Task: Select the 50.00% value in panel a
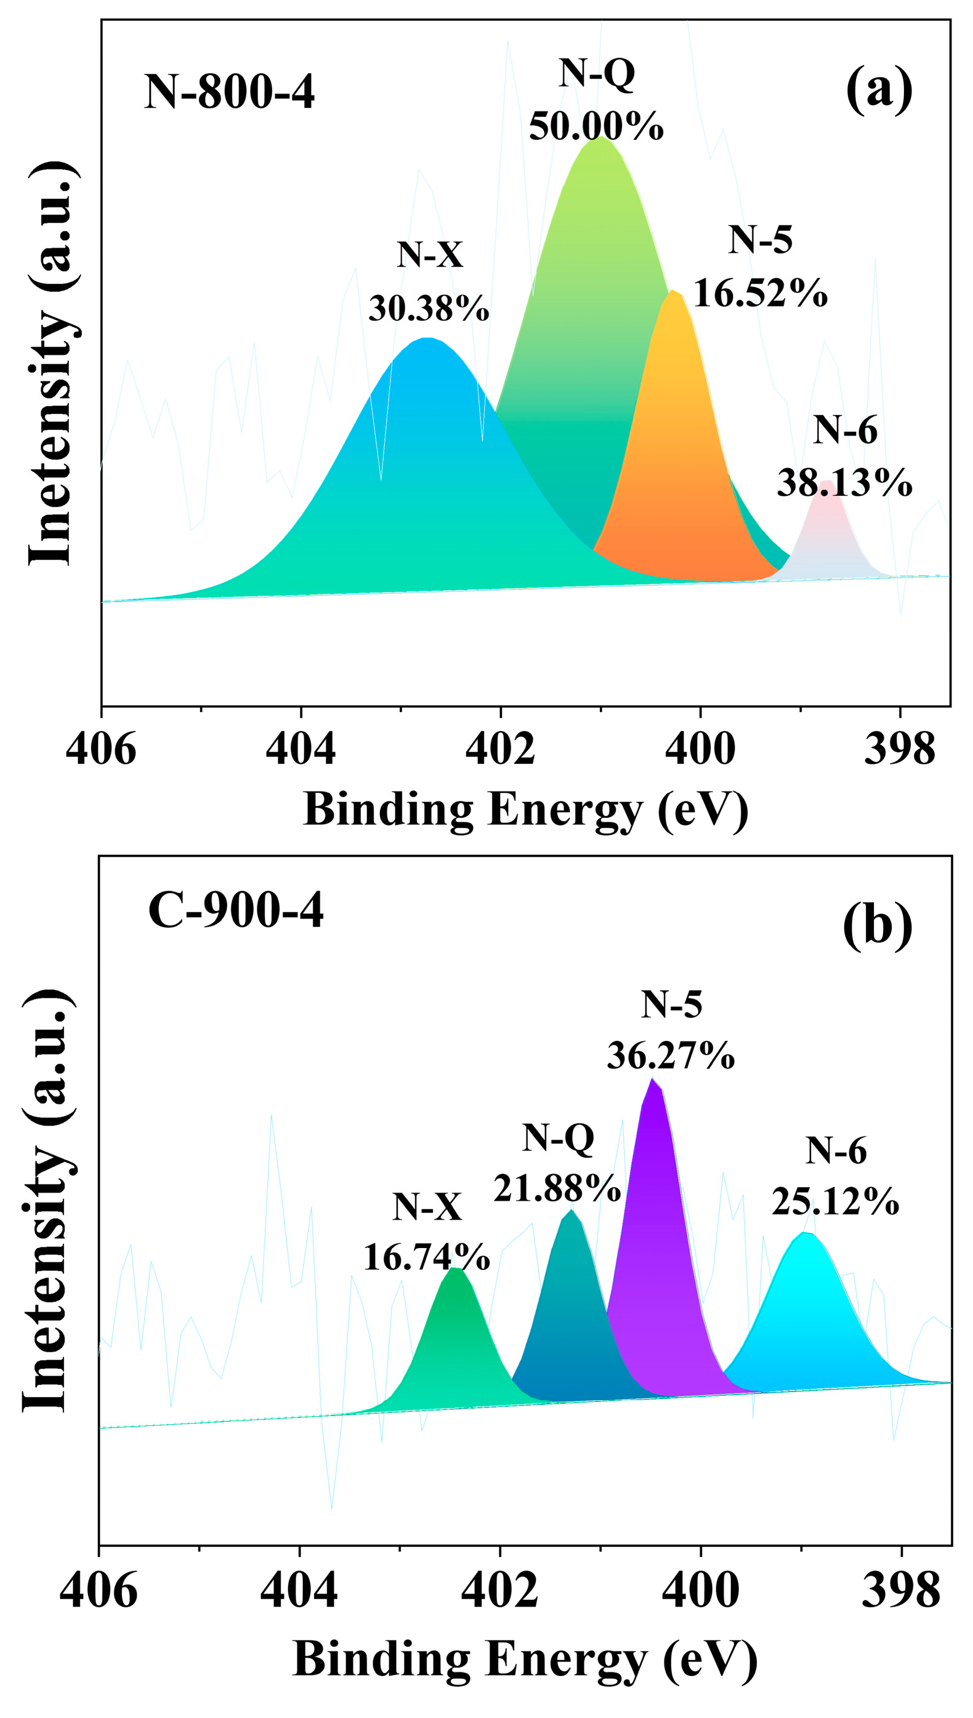click(x=596, y=125)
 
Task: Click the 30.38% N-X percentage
click(x=429, y=308)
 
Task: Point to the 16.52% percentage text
click(x=761, y=293)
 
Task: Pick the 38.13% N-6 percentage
click(x=844, y=482)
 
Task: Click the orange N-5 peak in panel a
click(x=682, y=468)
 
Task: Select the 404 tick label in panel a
click(x=301, y=750)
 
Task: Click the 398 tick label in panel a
click(x=900, y=750)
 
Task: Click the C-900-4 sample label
click(x=236, y=910)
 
